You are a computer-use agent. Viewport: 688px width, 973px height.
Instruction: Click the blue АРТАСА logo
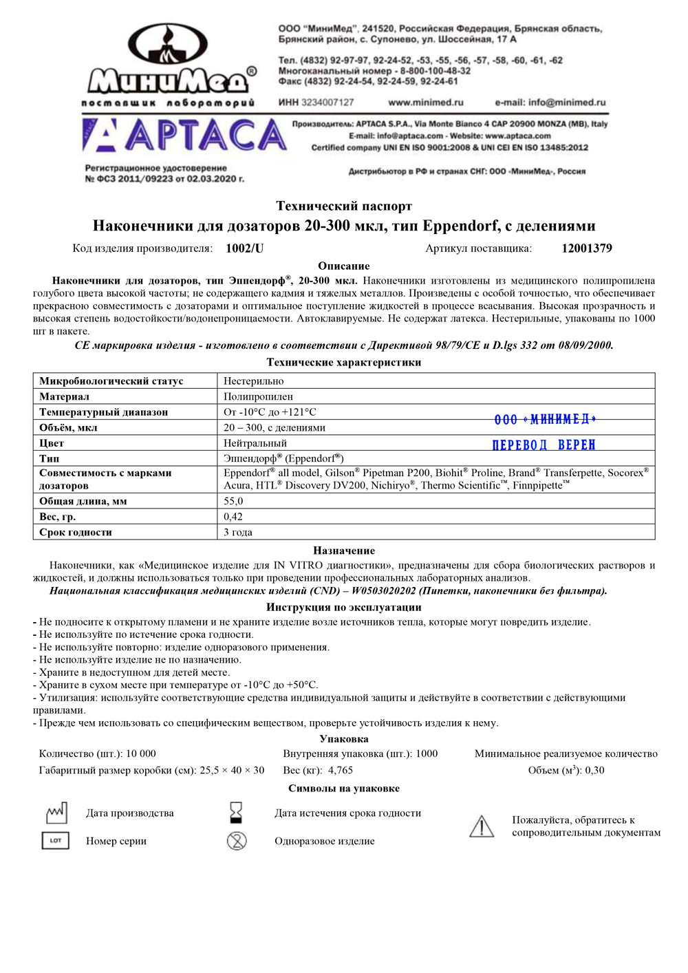click(x=184, y=135)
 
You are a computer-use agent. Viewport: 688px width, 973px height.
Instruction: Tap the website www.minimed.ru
click(x=426, y=103)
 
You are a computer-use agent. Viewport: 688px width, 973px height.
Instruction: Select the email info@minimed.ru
click(x=550, y=103)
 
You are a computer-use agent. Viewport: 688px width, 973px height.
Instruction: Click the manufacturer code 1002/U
click(x=244, y=248)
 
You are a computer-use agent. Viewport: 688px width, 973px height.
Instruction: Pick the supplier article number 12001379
click(x=586, y=248)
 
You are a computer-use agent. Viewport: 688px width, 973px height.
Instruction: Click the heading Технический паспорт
click(x=344, y=206)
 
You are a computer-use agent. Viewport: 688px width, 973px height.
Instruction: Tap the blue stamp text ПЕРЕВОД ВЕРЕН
click(x=544, y=445)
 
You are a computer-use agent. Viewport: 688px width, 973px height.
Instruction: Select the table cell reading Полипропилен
click(x=258, y=396)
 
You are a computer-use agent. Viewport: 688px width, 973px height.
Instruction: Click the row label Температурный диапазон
click(x=103, y=412)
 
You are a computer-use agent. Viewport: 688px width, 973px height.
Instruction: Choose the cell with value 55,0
click(x=233, y=501)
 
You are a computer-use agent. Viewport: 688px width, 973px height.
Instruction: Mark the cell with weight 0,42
click(x=233, y=517)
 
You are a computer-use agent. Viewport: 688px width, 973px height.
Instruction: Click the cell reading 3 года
click(x=238, y=532)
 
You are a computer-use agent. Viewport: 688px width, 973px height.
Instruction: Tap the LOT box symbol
click(x=56, y=840)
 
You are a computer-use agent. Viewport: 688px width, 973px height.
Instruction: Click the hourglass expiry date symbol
click(x=236, y=813)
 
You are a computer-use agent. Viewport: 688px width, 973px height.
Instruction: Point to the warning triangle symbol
click(x=482, y=826)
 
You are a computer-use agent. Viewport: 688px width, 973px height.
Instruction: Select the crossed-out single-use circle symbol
click(x=237, y=840)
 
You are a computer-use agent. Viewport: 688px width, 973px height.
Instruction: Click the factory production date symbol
click(x=56, y=813)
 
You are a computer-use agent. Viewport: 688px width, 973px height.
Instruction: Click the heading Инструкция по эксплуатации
click(x=344, y=607)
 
